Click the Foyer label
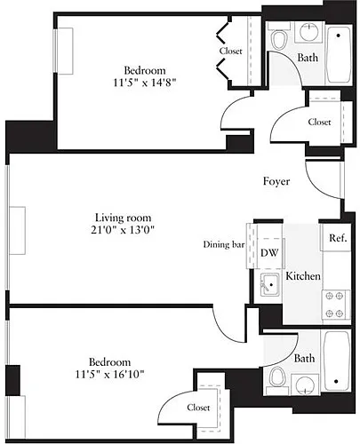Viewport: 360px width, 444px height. [x=276, y=181]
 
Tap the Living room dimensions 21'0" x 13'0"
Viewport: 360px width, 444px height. [x=123, y=230]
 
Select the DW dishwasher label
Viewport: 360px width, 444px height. [x=269, y=252]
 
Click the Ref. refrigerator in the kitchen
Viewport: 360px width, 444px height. [x=336, y=237]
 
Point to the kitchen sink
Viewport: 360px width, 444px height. [x=269, y=284]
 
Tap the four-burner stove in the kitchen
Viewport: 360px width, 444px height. [x=336, y=305]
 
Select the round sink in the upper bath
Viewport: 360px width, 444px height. [x=308, y=31]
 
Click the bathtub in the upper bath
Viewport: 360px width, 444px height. [x=339, y=54]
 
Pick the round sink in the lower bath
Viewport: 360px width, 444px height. [x=305, y=385]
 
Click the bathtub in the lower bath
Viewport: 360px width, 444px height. [x=336, y=361]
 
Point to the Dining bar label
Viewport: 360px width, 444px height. [x=224, y=244]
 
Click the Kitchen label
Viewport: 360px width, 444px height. [x=303, y=276]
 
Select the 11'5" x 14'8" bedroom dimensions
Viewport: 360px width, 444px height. [x=145, y=83]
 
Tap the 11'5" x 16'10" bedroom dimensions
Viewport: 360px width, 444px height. [x=109, y=375]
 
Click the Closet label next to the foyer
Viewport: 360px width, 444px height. [x=319, y=122]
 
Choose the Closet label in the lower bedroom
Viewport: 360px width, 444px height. [x=198, y=408]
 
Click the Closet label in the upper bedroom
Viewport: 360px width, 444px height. [x=231, y=51]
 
